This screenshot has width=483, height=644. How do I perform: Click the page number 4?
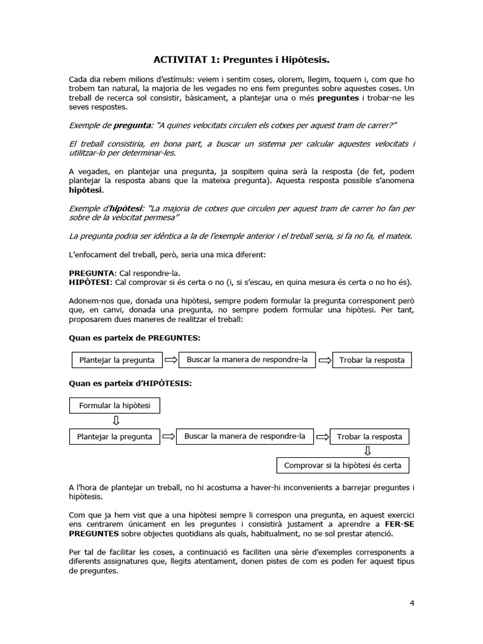click(x=411, y=603)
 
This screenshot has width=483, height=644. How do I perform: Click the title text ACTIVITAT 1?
click(x=185, y=60)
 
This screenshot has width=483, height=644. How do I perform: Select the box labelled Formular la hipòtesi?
click(x=114, y=406)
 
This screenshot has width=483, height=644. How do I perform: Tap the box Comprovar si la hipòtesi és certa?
click(x=343, y=465)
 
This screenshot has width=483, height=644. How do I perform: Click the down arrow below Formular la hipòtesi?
click(x=115, y=421)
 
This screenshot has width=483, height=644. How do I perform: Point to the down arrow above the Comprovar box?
click(x=368, y=450)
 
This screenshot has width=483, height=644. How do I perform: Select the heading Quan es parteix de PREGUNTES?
click(x=134, y=338)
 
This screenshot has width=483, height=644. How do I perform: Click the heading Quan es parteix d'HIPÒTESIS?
click(x=130, y=383)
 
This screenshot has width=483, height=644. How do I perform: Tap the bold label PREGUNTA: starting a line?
click(x=92, y=273)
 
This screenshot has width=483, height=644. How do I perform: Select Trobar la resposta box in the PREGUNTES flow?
click(x=372, y=360)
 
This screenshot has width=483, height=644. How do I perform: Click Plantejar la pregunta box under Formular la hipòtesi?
click(x=114, y=436)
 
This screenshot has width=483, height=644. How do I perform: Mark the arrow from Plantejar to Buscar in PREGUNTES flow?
click(x=170, y=360)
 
